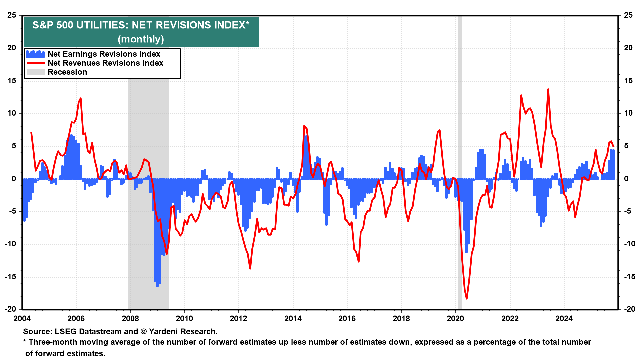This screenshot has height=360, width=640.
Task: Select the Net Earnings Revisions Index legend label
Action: click(104, 54)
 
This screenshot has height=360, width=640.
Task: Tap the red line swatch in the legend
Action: click(35, 63)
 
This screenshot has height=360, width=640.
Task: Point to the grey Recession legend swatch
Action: click(35, 72)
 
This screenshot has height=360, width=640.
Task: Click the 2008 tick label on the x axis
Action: click(130, 318)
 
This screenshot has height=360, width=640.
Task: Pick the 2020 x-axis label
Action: click(455, 318)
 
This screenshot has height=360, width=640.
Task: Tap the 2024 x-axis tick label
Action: click(564, 318)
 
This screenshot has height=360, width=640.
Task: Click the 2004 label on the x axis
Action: click(22, 318)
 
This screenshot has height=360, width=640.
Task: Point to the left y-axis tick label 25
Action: click(12, 15)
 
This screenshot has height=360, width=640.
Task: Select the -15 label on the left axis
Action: click(11, 277)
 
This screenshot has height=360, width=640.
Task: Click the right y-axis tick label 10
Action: click(628, 113)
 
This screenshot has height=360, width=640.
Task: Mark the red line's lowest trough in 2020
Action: click(466, 298)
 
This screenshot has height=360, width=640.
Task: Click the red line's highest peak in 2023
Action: click(548, 89)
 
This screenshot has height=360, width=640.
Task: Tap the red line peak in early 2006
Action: click(80, 98)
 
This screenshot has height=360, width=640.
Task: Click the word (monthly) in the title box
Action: click(141, 39)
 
